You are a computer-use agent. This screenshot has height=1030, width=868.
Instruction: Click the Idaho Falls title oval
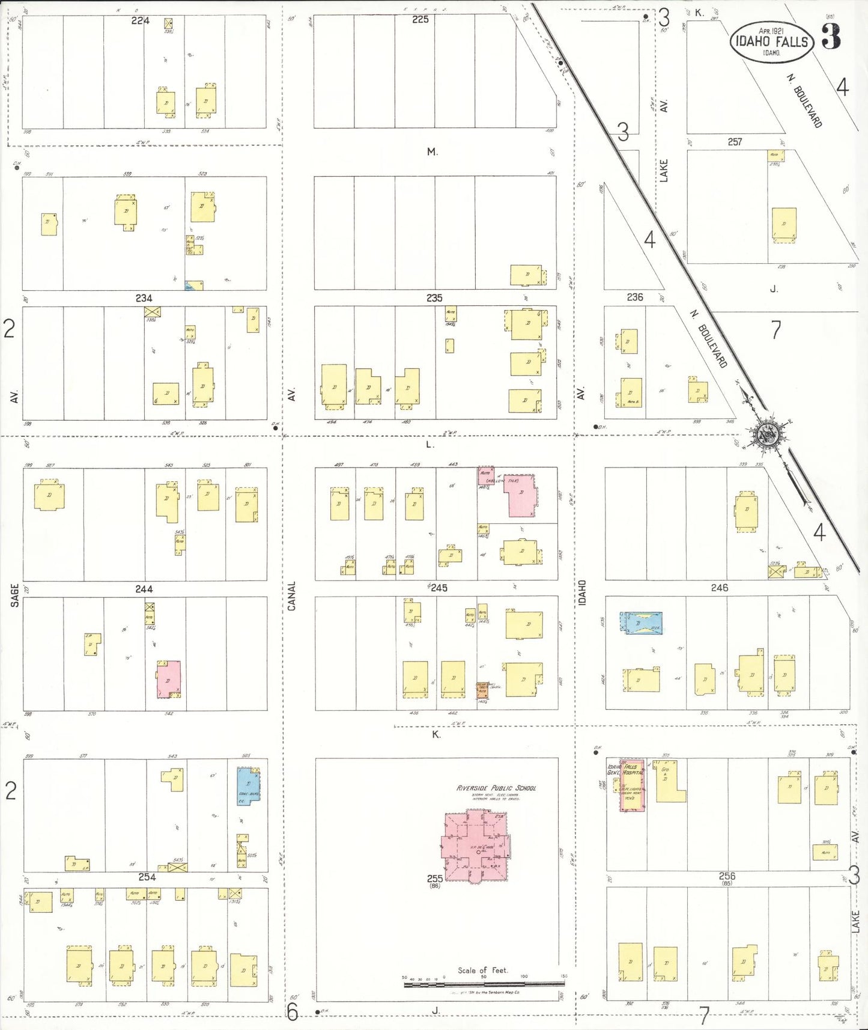point(772,41)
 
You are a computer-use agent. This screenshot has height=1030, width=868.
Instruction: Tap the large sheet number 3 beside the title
point(831,37)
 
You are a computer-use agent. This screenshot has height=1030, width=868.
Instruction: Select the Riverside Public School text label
point(496,788)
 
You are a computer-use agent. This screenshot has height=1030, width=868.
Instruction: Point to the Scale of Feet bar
point(484,984)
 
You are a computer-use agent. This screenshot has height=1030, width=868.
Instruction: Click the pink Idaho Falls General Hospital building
point(632,785)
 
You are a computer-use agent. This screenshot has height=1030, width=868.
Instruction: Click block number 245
point(439,588)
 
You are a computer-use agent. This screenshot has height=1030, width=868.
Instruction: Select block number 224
point(140,20)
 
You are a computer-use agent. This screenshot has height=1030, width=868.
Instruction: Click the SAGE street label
point(14,595)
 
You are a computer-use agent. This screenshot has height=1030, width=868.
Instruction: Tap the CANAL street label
point(292,596)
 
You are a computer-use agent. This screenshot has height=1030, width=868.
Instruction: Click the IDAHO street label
point(582,593)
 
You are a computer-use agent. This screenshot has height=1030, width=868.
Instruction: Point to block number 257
point(735,142)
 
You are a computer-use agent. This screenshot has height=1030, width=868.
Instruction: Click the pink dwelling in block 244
point(169,679)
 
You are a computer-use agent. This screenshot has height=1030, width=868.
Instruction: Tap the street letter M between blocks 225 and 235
point(432,152)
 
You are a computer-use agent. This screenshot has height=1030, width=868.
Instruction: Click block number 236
point(635,297)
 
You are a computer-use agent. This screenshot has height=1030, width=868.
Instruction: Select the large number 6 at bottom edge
point(292,1013)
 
